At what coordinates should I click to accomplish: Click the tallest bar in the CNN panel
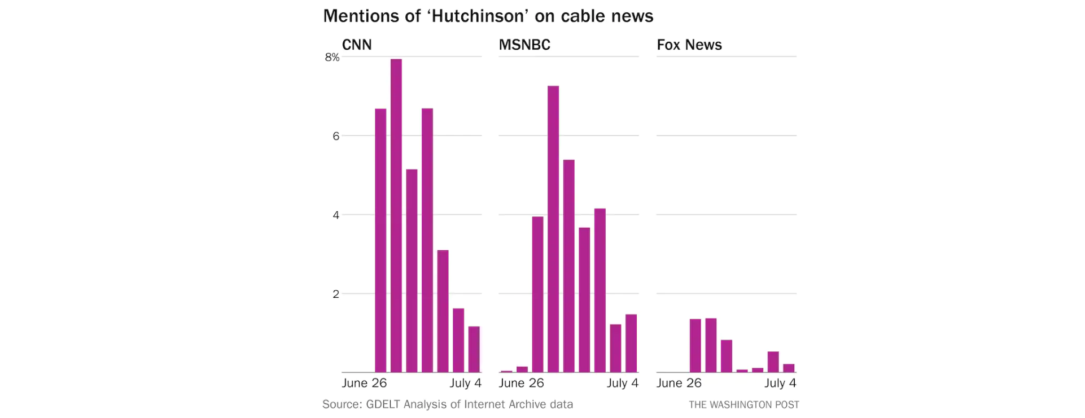click(396, 216)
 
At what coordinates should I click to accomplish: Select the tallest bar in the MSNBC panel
click(553, 229)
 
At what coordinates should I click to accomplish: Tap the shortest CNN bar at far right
click(474, 349)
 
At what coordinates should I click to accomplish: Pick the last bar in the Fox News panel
click(789, 368)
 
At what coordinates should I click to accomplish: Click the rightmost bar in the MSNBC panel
click(631, 343)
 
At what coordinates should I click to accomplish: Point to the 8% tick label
click(332, 57)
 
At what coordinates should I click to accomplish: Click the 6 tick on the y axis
click(336, 136)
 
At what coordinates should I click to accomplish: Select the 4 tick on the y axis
click(336, 215)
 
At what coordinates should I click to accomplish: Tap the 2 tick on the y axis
click(336, 294)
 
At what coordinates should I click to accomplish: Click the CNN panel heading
click(357, 45)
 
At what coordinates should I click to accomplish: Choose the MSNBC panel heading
click(524, 45)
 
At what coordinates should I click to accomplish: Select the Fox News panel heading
click(689, 45)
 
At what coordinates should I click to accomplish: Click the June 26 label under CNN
click(364, 383)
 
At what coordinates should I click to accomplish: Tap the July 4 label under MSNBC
click(623, 383)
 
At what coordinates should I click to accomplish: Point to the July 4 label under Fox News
click(780, 383)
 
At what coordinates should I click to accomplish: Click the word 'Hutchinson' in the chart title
click(480, 16)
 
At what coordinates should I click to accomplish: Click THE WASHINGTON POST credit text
click(744, 405)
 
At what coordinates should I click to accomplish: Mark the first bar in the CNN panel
click(380, 241)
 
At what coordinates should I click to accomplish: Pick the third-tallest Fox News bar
click(727, 356)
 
